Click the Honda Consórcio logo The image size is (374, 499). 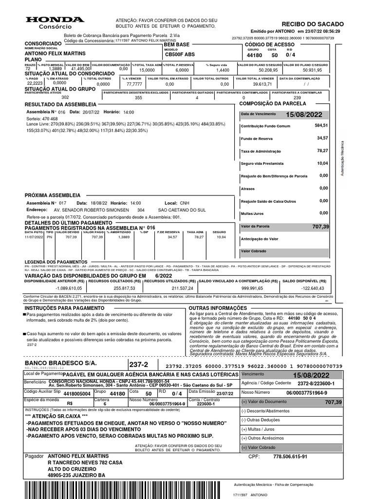(55, 22)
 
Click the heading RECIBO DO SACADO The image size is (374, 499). (313, 24)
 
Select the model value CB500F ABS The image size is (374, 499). (180, 55)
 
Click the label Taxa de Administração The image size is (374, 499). (261, 152)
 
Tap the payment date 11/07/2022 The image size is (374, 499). (34, 237)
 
